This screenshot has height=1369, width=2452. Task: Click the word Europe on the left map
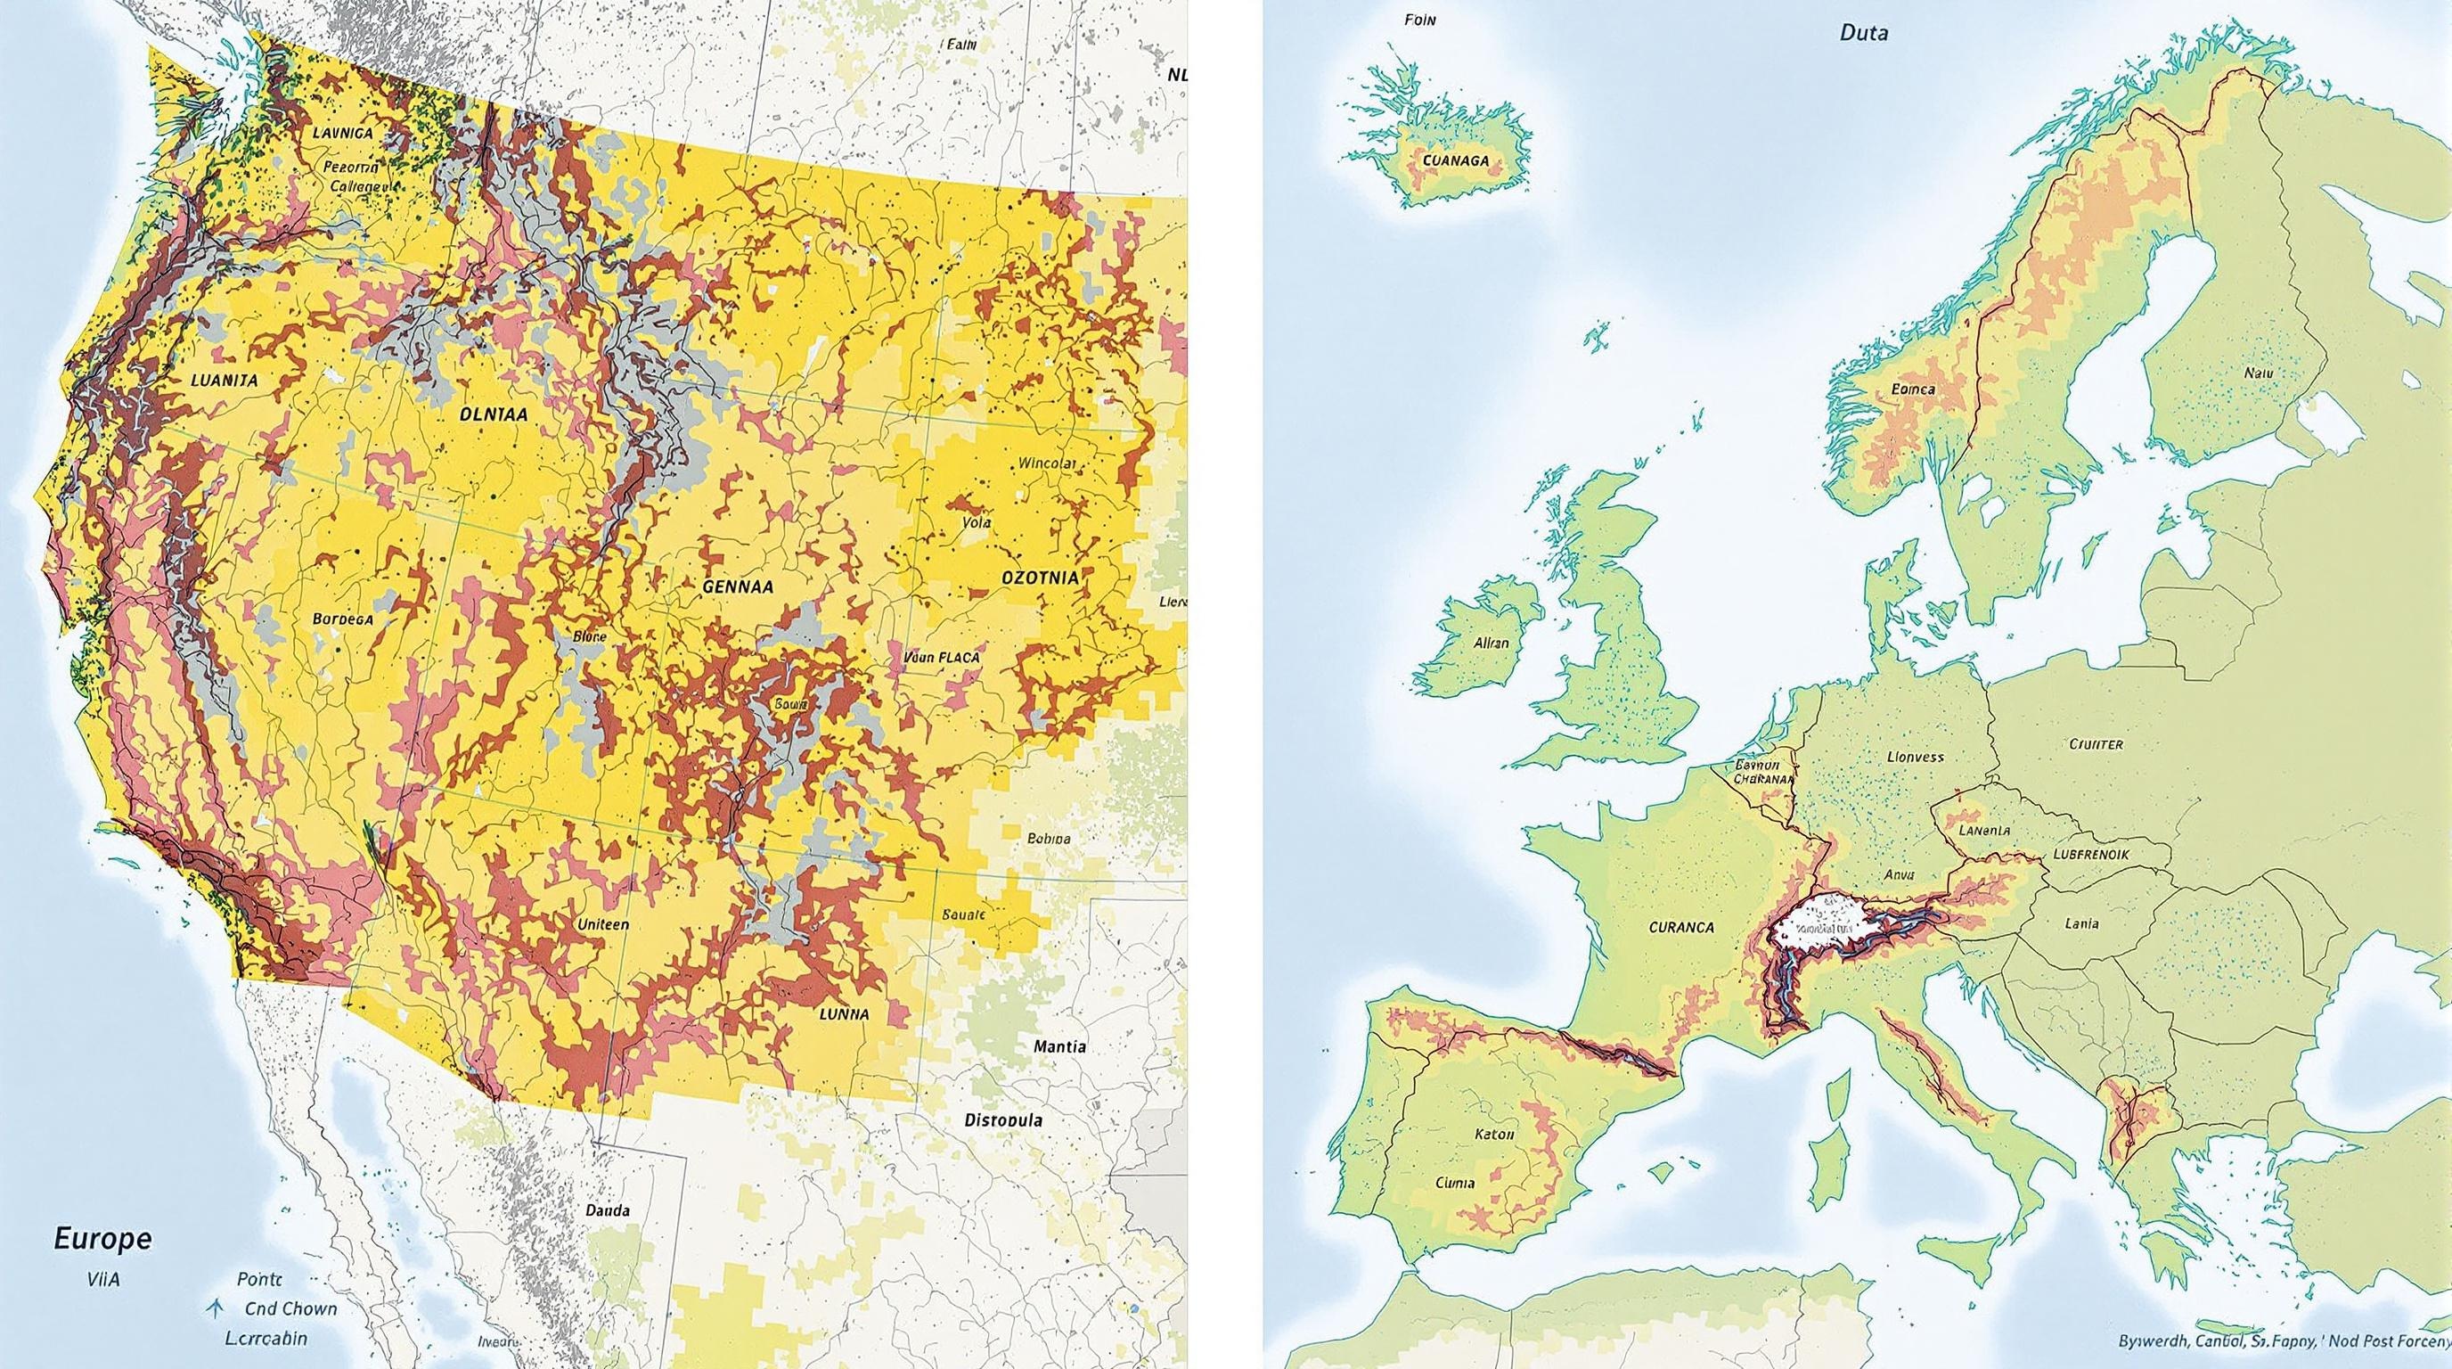[102, 1239]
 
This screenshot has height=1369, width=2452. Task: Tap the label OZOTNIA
[1040, 578]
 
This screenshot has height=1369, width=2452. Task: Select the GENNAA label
[738, 587]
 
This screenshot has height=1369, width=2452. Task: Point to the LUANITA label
[224, 379]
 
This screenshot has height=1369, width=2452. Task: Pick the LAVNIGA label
[343, 134]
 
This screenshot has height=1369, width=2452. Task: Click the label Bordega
[343, 618]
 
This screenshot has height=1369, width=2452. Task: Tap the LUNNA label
[844, 1014]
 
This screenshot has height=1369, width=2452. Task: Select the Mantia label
[1058, 1046]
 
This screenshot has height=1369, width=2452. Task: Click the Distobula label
[1002, 1119]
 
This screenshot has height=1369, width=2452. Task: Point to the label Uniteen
[602, 924]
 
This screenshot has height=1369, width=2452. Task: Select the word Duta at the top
[1863, 33]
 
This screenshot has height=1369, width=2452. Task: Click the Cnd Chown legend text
[290, 1308]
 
